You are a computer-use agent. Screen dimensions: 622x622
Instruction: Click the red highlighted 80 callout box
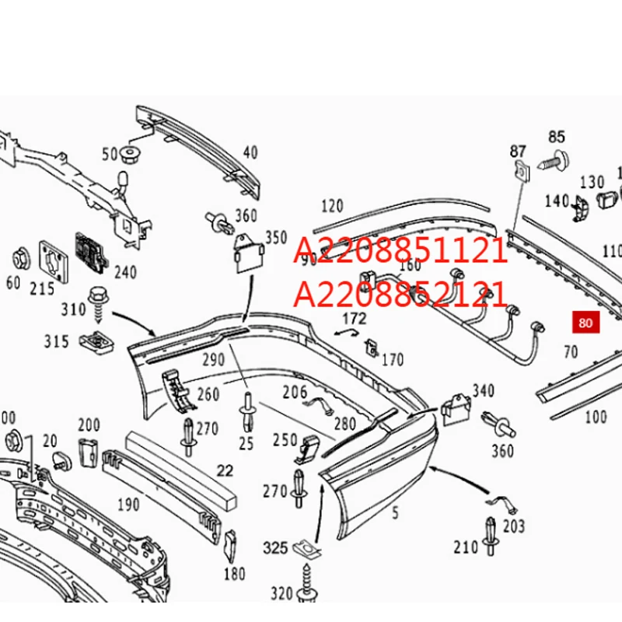[x=585, y=322]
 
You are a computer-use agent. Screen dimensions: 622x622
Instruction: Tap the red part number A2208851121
[x=400, y=251]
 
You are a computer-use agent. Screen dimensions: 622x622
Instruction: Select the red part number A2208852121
[x=400, y=295]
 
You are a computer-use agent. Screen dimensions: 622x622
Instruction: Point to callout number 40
[x=250, y=152]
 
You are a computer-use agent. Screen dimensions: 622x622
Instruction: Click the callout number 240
[x=124, y=272]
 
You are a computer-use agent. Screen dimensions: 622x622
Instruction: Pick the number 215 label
[x=42, y=288]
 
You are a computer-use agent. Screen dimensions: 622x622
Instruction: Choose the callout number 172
[x=354, y=318]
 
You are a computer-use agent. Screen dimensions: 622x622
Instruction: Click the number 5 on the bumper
[x=395, y=512]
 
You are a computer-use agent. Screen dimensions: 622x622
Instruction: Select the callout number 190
[x=128, y=505]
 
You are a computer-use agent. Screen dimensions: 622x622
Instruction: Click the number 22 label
[x=225, y=470]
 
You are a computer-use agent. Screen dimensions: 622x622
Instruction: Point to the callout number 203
[x=514, y=526]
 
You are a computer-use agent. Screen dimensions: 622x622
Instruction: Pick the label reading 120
[x=331, y=206]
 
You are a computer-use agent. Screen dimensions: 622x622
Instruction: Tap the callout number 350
[x=276, y=237]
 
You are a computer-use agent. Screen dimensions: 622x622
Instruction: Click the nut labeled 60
[x=20, y=257]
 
